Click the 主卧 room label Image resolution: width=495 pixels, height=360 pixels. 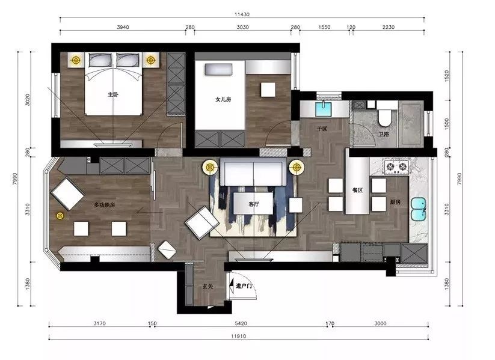coord(113,94)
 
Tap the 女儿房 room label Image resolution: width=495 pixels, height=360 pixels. coord(223,99)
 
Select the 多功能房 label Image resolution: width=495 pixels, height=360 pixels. coord(105,205)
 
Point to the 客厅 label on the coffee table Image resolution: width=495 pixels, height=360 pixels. coord(253,204)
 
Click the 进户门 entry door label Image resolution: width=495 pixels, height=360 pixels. coord(244,286)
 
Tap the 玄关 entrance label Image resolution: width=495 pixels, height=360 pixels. coord(208,287)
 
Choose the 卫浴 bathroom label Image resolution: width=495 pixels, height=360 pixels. coord(384,135)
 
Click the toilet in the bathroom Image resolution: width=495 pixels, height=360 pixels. coord(384,117)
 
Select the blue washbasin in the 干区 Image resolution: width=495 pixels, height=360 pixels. coord(323,109)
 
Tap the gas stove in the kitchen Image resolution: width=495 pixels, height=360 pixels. coord(396,166)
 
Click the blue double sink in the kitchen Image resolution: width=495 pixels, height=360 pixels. coord(418,209)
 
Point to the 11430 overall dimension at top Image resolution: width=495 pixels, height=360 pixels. coord(242,14)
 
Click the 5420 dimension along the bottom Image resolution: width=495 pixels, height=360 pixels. coord(241,323)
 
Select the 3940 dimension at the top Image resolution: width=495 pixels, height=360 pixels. coord(123,27)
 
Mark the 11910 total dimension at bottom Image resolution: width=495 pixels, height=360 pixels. coord(238,337)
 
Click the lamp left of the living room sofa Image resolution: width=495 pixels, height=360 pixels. coord(210,167)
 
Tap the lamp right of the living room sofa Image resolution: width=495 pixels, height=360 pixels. coord(296,167)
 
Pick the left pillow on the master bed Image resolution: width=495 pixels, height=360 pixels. coord(100,59)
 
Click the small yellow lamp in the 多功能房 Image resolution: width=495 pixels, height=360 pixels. coord(60,216)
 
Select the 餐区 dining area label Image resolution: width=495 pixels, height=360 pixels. coord(357,191)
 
